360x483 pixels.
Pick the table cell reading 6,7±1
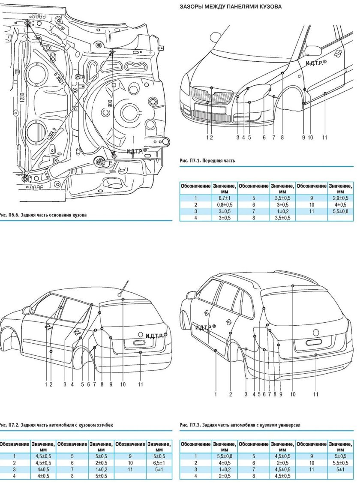click(224, 198)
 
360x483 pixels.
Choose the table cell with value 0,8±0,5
click(224, 204)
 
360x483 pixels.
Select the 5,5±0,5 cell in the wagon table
click(341, 463)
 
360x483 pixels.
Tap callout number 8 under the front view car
click(282, 138)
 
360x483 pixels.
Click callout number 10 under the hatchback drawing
click(123, 384)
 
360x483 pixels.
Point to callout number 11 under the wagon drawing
click(316, 394)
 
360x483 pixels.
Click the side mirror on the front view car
click(313, 50)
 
